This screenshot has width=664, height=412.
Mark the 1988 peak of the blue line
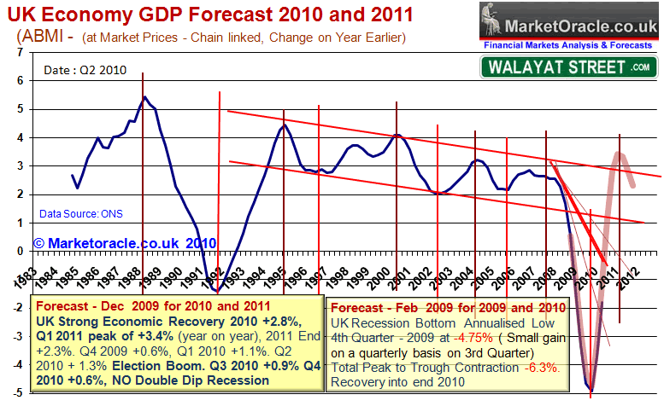[x=144, y=97]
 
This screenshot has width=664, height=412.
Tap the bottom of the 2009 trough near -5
[x=590, y=391]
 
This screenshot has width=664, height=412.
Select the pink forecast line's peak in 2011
[x=620, y=154]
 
